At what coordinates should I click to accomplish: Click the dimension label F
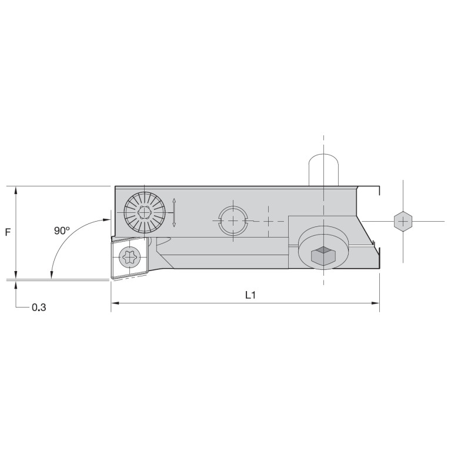8,232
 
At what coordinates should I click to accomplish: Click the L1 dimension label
250,295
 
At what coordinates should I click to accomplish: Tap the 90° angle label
62,230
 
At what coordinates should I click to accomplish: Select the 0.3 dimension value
39,308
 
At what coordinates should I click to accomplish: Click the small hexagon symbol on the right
403,222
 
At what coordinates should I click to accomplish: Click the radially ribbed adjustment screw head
145,212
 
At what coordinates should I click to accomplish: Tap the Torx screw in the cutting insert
130,258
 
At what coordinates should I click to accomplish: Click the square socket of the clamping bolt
323,255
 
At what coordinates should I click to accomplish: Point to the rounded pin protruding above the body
323,171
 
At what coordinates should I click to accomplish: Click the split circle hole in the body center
233,221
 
